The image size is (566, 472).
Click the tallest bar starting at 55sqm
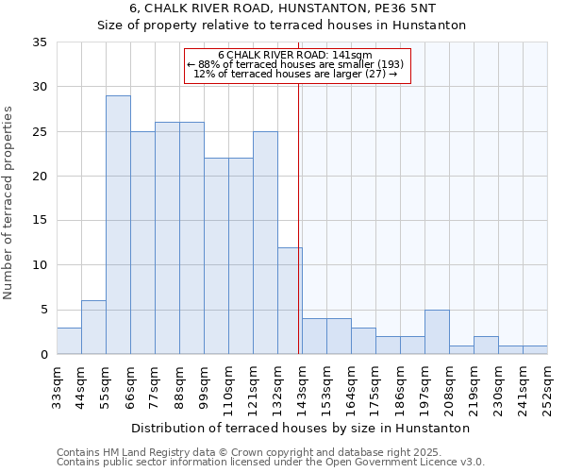click(118, 225)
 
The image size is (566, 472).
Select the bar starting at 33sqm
click(69, 341)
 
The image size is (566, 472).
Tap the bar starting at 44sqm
click(93, 328)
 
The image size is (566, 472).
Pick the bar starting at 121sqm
click(265, 243)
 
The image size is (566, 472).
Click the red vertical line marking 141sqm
click(299, 217)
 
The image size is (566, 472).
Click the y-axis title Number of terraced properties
click(9, 202)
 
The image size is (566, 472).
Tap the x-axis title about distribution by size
click(302, 428)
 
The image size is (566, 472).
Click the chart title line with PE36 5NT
click(282, 8)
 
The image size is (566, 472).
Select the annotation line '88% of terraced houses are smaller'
click(297, 64)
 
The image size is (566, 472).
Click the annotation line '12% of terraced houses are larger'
click(297, 74)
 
